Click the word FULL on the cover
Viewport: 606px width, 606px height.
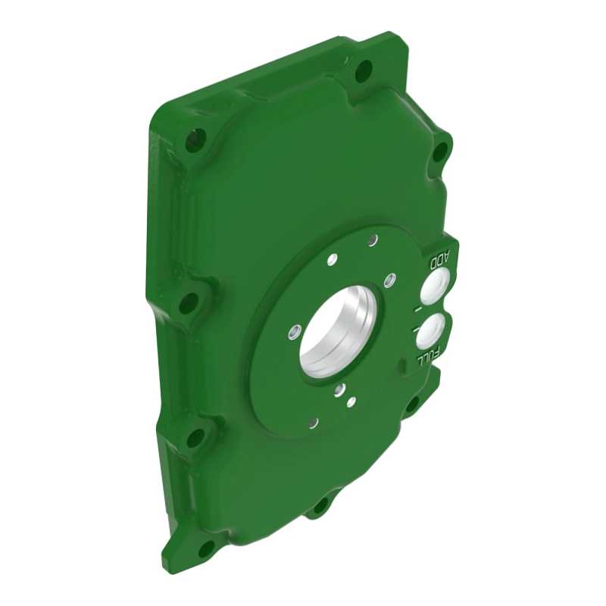428,355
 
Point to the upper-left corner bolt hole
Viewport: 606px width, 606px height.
195,139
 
